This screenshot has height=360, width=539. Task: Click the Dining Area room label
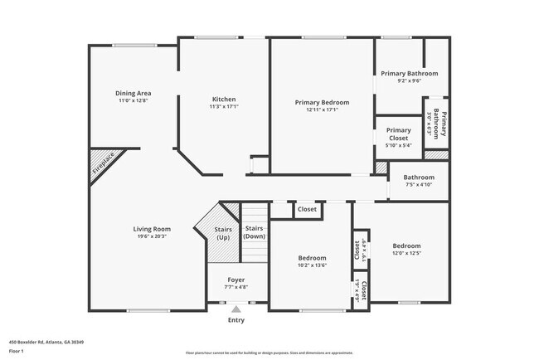coord(133,93)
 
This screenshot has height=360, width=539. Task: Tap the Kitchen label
coord(224,99)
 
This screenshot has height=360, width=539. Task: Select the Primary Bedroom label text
coord(322,102)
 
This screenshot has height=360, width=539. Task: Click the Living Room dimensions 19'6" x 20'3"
coord(152,236)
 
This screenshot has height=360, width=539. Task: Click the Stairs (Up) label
coord(223,233)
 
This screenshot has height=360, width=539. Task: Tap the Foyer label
coord(236,281)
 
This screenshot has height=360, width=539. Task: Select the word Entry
coord(236,320)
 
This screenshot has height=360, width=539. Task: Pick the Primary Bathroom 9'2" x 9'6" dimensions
coord(410,81)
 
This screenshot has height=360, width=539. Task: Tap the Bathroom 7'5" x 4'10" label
coord(419,184)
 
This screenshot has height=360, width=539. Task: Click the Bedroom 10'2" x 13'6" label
coord(312,265)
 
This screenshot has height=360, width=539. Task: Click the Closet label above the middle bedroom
coord(307,210)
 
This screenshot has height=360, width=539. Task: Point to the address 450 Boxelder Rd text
coord(46,342)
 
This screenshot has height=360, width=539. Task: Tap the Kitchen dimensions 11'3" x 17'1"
coord(224,106)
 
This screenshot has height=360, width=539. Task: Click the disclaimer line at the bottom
coord(269,353)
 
